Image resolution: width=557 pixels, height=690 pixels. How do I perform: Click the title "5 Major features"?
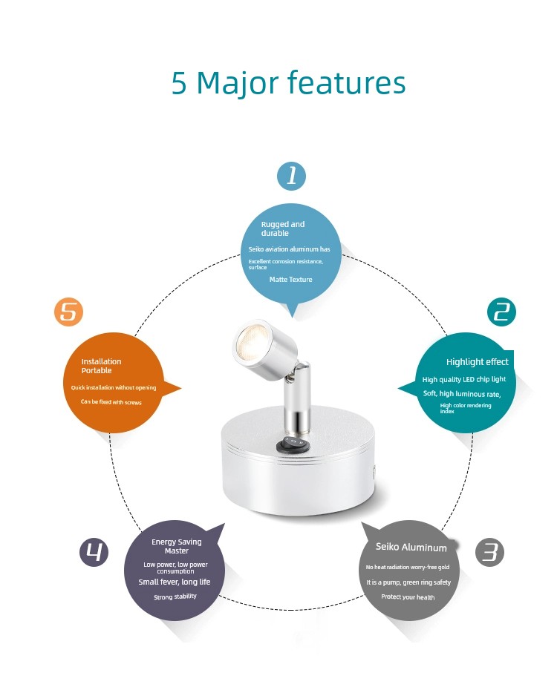[288, 83]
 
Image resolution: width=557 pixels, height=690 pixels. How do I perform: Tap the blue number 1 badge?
[291, 176]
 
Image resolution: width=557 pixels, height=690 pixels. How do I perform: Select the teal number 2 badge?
[501, 312]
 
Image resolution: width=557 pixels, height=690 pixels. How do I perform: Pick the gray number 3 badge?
[489, 552]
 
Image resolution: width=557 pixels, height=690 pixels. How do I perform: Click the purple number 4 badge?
[94, 552]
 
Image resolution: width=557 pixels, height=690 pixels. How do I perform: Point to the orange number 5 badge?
[68, 312]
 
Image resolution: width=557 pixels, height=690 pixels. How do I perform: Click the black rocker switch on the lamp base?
[293, 444]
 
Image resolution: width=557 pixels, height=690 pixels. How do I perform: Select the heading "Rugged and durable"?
[283, 229]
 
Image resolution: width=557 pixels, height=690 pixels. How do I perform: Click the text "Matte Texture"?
[290, 280]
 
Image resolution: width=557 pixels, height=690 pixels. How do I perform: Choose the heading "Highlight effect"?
[478, 362]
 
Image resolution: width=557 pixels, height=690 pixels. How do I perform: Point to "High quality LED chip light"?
[464, 379]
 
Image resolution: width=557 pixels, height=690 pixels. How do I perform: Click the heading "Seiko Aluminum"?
[411, 547]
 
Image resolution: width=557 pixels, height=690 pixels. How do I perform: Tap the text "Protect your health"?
[408, 597]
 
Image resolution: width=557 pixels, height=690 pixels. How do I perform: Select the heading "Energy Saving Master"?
[177, 546]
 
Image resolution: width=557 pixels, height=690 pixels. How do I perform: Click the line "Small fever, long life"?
[175, 582]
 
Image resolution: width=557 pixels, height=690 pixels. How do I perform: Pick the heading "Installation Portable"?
[101, 366]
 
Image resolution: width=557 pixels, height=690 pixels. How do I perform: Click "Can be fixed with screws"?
[111, 402]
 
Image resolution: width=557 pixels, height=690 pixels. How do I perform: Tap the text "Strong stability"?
[175, 597]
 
